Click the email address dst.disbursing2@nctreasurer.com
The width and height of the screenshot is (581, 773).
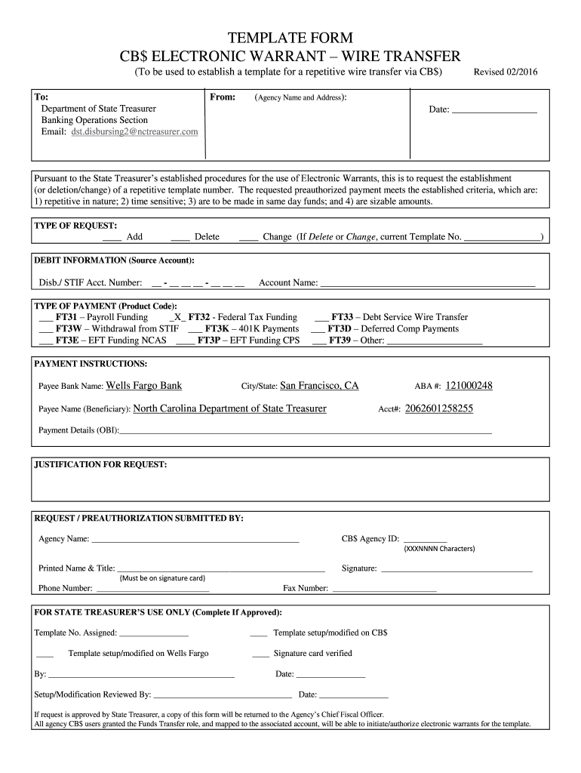point(135,132)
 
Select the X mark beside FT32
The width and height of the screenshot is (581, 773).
point(179,318)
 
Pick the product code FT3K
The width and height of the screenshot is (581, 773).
point(218,329)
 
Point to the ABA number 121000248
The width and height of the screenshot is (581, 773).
point(469,386)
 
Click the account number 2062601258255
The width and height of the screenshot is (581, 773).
point(439,408)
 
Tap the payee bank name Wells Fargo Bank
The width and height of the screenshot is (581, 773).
point(144,386)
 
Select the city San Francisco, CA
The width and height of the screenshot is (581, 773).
point(319,386)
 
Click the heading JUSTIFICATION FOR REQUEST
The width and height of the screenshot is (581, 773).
point(100,465)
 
